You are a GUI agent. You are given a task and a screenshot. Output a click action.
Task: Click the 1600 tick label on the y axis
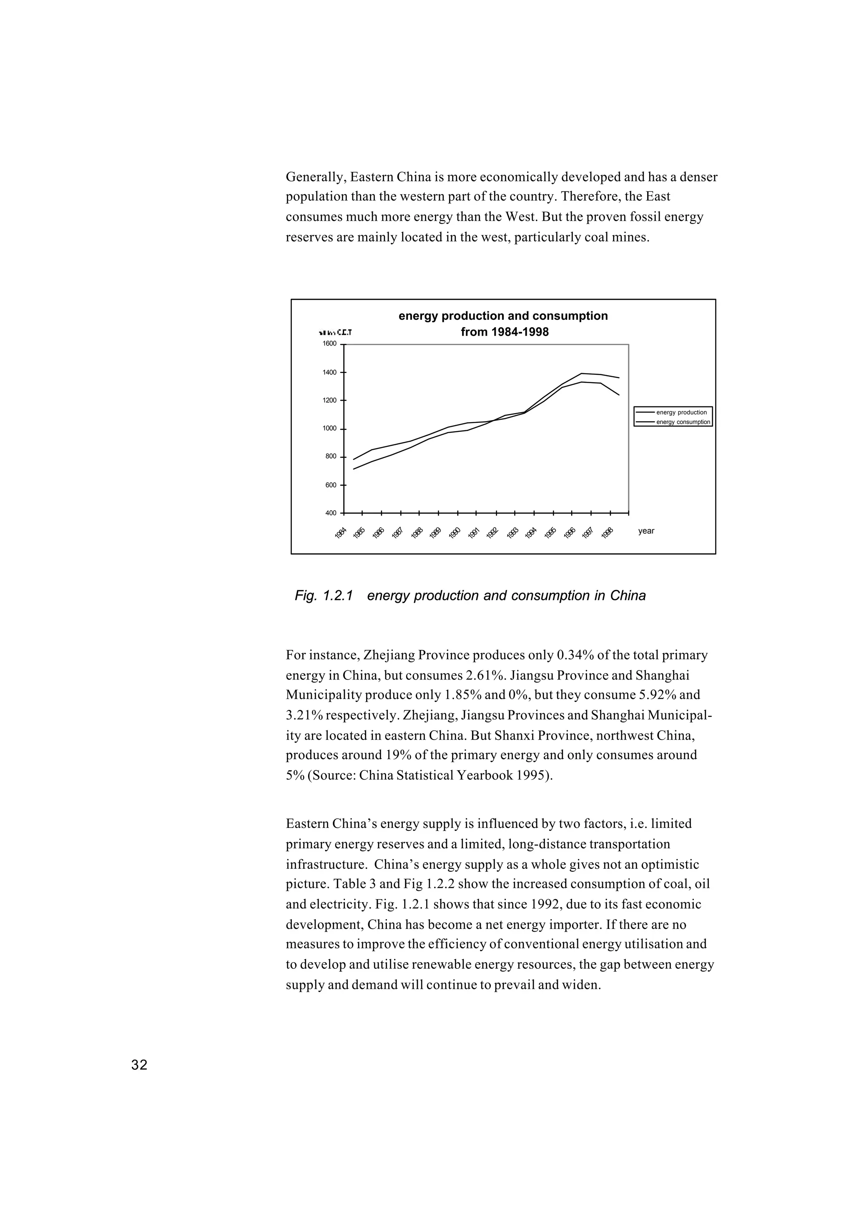(x=329, y=344)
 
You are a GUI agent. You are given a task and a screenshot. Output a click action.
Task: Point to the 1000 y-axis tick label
(x=329, y=429)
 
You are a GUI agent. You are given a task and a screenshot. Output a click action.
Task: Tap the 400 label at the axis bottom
(x=331, y=513)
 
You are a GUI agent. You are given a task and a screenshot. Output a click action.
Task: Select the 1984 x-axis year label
(x=341, y=533)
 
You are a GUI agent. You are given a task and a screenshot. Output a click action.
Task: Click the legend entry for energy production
(x=681, y=413)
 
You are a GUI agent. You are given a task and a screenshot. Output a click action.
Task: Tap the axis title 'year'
(x=646, y=532)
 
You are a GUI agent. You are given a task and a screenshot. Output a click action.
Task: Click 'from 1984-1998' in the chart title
(x=504, y=332)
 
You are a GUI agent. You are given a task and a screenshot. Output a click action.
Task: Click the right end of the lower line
(x=619, y=395)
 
